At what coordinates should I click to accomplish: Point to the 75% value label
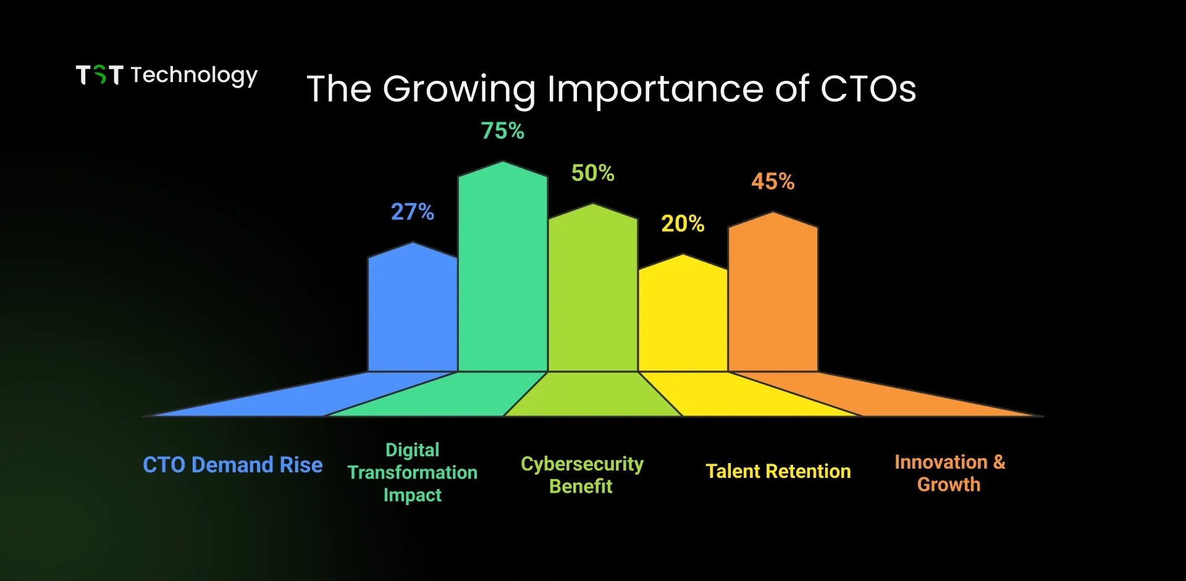pos(503,131)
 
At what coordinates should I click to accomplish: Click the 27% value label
pos(413,212)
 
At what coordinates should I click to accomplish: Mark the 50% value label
pos(593,173)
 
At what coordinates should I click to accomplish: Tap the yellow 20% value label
pos(683,224)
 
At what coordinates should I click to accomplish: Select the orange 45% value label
pos(773,182)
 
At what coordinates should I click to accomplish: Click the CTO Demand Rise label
pos(233,464)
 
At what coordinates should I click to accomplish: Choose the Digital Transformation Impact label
pos(413,472)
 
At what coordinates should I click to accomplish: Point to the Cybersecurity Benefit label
pos(582,475)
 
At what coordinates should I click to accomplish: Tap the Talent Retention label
pos(778,471)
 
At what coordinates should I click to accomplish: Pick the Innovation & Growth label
pos(949,473)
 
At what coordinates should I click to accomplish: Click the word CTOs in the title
pos(868,89)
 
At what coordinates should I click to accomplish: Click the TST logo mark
pos(99,75)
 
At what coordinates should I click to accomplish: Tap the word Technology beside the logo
pos(194,76)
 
